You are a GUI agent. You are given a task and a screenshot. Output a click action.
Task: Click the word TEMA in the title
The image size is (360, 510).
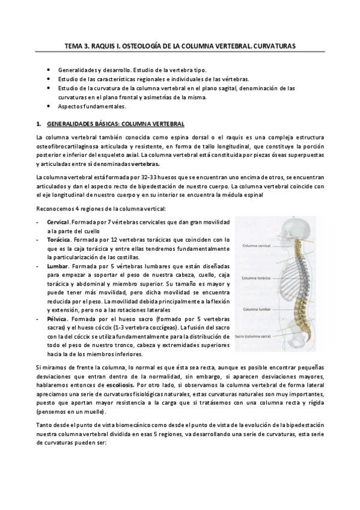(x=75, y=45)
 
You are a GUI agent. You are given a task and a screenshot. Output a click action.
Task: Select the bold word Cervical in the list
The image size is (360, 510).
(x=59, y=223)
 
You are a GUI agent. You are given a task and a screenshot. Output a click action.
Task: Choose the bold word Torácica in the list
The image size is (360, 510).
(x=59, y=240)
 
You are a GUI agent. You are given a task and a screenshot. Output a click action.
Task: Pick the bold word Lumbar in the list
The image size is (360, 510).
(x=58, y=265)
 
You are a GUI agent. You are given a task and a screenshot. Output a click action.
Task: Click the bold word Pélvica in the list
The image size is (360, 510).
(x=58, y=318)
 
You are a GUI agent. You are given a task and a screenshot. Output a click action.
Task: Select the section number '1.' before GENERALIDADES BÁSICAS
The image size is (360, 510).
(x=38, y=124)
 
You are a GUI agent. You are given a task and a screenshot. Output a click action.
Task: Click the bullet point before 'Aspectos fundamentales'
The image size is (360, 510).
(x=47, y=106)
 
